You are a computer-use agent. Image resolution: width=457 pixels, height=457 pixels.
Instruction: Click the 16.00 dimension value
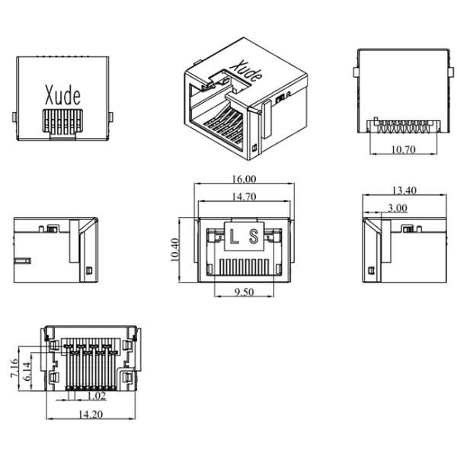point(245,179)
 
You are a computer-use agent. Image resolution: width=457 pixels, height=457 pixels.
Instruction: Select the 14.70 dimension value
point(245,197)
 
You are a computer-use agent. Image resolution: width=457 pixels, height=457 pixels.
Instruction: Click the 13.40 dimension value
point(404,190)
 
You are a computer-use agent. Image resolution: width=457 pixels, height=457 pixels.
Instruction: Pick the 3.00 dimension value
point(397,207)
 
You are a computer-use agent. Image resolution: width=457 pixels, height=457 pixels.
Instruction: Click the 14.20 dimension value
point(92,414)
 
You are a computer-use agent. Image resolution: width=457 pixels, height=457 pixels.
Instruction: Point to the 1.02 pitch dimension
point(96,397)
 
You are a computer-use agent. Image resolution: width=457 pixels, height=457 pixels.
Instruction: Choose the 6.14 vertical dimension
point(27,372)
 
